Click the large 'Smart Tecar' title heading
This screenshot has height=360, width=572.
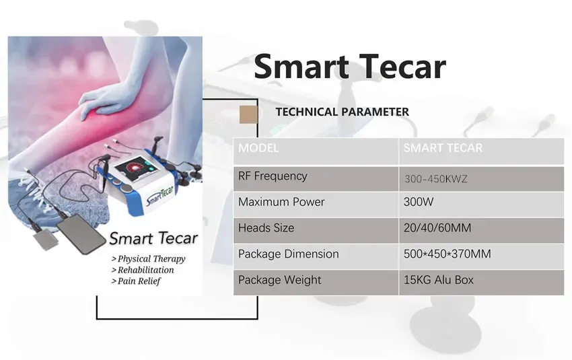click(350, 67)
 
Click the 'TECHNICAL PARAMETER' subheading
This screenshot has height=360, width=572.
click(342, 112)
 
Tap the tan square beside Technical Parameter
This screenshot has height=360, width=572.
click(248, 114)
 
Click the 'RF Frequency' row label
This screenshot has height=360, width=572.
click(273, 176)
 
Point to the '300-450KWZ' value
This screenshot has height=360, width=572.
click(435, 179)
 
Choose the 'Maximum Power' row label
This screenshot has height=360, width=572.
click(281, 202)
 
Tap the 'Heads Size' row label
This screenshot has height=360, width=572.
click(266, 228)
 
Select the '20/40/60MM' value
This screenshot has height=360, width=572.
click(437, 228)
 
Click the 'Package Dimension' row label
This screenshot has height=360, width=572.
click(288, 254)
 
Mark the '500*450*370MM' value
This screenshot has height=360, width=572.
click(448, 254)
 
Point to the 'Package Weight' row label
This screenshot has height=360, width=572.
click(279, 280)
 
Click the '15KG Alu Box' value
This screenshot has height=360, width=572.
click(439, 280)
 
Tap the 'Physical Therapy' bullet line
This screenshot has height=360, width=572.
click(149, 259)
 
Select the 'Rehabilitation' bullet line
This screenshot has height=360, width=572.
click(143, 270)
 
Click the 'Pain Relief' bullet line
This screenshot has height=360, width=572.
click(136, 281)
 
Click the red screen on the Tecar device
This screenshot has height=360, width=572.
click(137, 167)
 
